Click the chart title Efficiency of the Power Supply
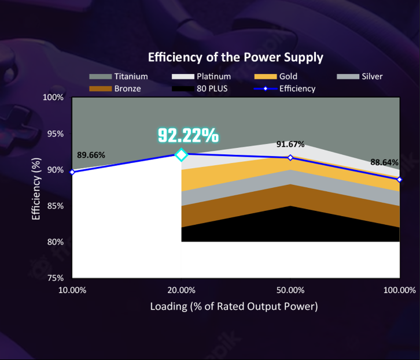pos(235,57)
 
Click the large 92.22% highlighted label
pos(189,135)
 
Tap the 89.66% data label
pos(91,155)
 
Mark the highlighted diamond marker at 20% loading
pos(181,154)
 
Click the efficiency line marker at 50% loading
pos(290,158)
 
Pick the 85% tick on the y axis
pos(56,206)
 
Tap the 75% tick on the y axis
pos(56,278)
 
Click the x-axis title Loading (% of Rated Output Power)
pos(234,306)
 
